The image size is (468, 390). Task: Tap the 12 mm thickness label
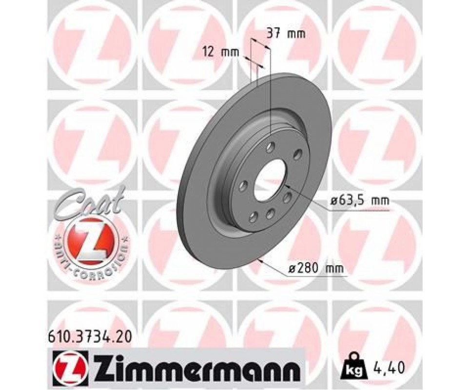[x=220, y=53]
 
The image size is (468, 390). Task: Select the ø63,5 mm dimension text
[x=360, y=200]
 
